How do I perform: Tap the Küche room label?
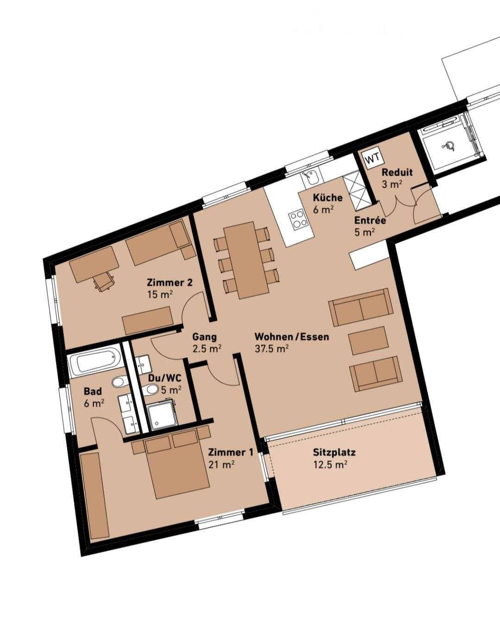328,197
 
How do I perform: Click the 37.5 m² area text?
272,349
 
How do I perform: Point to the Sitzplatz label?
334,453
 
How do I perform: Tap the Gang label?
204,337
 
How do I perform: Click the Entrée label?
370,221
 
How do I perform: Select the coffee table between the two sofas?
368,340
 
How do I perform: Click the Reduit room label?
397,172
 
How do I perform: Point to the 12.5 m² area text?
330,465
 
